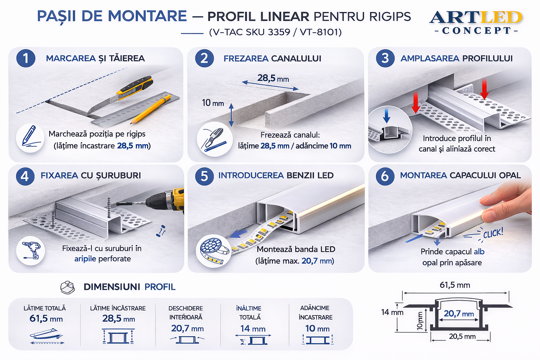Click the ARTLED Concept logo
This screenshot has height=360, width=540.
coord(476,22)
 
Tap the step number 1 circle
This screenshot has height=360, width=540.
coord(26,58)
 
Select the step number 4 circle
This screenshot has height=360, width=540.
coord(25,176)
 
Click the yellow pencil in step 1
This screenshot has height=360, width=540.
coord(151,109)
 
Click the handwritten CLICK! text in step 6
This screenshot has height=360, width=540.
coord(493,233)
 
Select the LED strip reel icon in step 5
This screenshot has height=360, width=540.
coord(214,251)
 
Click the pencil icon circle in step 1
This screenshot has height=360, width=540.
coord(30,138)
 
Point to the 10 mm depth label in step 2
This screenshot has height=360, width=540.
coord(213,103)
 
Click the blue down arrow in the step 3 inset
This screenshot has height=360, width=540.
coord(386,116)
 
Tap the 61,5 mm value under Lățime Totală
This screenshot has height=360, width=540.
coord(46,319)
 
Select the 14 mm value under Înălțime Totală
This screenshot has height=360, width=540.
coord(253,328)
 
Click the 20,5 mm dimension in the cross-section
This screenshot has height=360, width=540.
coord(462,336)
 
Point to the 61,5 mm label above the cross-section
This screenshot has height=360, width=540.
coord(455,285)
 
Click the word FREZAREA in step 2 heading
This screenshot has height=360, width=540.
coord(246,59)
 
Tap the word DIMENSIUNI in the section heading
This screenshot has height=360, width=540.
coord(112,287)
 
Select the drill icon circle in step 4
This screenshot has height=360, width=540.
coord(30,251)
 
